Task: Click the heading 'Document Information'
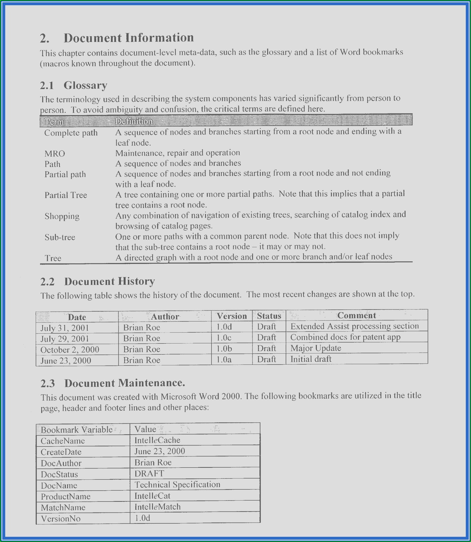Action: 129,38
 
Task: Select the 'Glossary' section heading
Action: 85,85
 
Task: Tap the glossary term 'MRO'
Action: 55,154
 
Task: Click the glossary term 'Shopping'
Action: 62,216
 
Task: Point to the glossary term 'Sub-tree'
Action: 60,237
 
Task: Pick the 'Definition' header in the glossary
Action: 134,121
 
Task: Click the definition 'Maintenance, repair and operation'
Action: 178,153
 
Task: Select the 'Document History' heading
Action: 109,281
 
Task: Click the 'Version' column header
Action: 232,316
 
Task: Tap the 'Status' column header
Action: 269,316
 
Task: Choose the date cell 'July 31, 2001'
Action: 65,328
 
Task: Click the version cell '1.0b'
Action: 224,349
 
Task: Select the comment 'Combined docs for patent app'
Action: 345,337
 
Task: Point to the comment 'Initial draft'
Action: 311,359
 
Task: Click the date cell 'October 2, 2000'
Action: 70,350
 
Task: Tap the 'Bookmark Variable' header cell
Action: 77,430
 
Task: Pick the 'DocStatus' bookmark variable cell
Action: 59,474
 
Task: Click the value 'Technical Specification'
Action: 177,484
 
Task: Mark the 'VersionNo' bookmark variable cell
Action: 61,519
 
